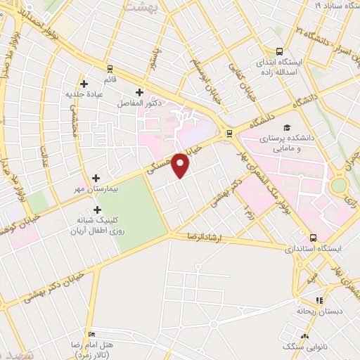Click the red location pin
(181, 165)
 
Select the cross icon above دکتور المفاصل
(139, 92)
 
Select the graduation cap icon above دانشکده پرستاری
(286, 127)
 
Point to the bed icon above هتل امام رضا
(90, 333)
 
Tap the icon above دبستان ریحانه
(320, 300)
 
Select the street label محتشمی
(75, 117)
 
